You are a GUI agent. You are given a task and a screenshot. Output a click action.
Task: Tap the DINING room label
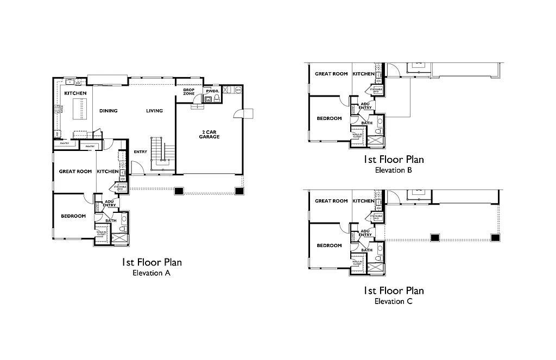pyautogui.click(x=109, y=111)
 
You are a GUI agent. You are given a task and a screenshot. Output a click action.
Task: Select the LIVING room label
pyautogui.click(x=154, y=111)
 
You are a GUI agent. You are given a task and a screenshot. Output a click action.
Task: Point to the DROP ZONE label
pyautogui.click(x=188, y=91)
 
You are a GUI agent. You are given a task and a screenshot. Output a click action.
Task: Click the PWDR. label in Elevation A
pyautogui.click(x=212, y=91)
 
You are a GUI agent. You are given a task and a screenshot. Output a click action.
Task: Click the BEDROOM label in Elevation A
pyautogui.click(x=73, y=216)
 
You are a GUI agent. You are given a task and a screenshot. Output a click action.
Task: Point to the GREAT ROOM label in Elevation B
pyautogui.click(x=331, y=74)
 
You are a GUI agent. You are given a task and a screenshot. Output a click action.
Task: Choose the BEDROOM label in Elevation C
pyautogui.click(x=329, y=245)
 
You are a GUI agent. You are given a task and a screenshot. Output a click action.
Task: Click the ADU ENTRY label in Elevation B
pyautogui.click(x=365, y=105)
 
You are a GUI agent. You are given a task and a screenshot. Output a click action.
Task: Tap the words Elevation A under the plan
pyautogui.click(x=151, y=273)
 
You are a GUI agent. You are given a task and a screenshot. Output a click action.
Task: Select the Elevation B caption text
pyautogui.click(x=394, y=170)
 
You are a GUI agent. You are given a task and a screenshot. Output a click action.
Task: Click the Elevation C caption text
pyautogui.click(x=394, y=301)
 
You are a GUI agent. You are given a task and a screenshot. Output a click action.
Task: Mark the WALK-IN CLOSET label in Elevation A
pyautogui.click(x=102, y=234)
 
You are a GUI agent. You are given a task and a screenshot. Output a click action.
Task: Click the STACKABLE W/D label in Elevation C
pyautogui.click(x=376, y=217)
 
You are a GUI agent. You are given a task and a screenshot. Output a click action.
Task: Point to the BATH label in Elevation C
pyautogui.click(x=367, y=250)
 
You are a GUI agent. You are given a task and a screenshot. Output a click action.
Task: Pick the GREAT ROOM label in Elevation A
pyautogui.click(x=75, y=172)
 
